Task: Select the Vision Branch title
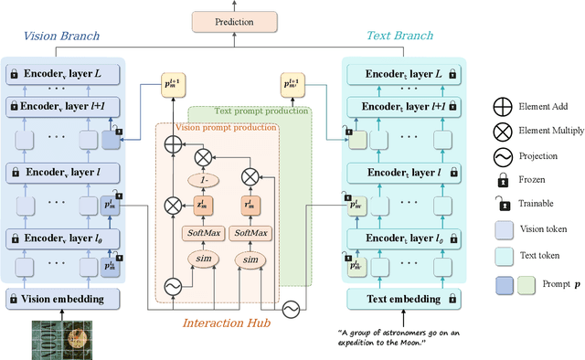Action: click(60, 37)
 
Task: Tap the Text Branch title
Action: click(399, 37)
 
